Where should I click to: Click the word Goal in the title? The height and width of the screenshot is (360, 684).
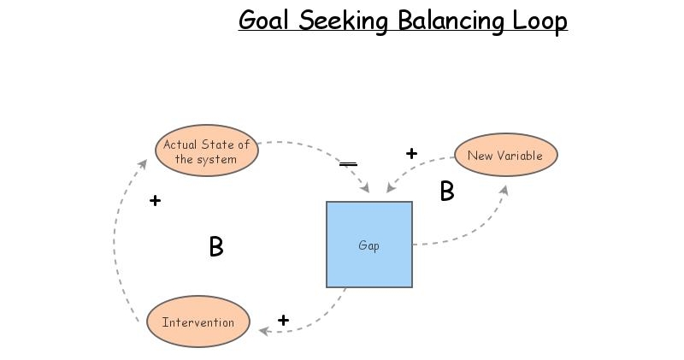click(263, 21)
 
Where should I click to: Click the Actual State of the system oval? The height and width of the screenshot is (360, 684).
click(207, 151)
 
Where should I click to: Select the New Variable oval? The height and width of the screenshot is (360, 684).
click(505, 156)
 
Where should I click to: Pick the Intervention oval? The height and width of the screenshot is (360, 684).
click(198, 322)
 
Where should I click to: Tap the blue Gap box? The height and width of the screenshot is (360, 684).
click(369, 245)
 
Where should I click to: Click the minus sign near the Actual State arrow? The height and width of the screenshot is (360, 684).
click(348, 163)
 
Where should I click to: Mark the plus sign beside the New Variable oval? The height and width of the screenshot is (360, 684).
click(411, 154)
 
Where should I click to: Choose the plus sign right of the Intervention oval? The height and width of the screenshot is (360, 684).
click(283, 321)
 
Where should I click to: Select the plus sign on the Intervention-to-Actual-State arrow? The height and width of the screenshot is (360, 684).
click(155, 201)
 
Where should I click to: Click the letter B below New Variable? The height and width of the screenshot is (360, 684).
click(447, 192)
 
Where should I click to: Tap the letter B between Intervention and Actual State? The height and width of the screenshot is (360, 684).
click(216, 247)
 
